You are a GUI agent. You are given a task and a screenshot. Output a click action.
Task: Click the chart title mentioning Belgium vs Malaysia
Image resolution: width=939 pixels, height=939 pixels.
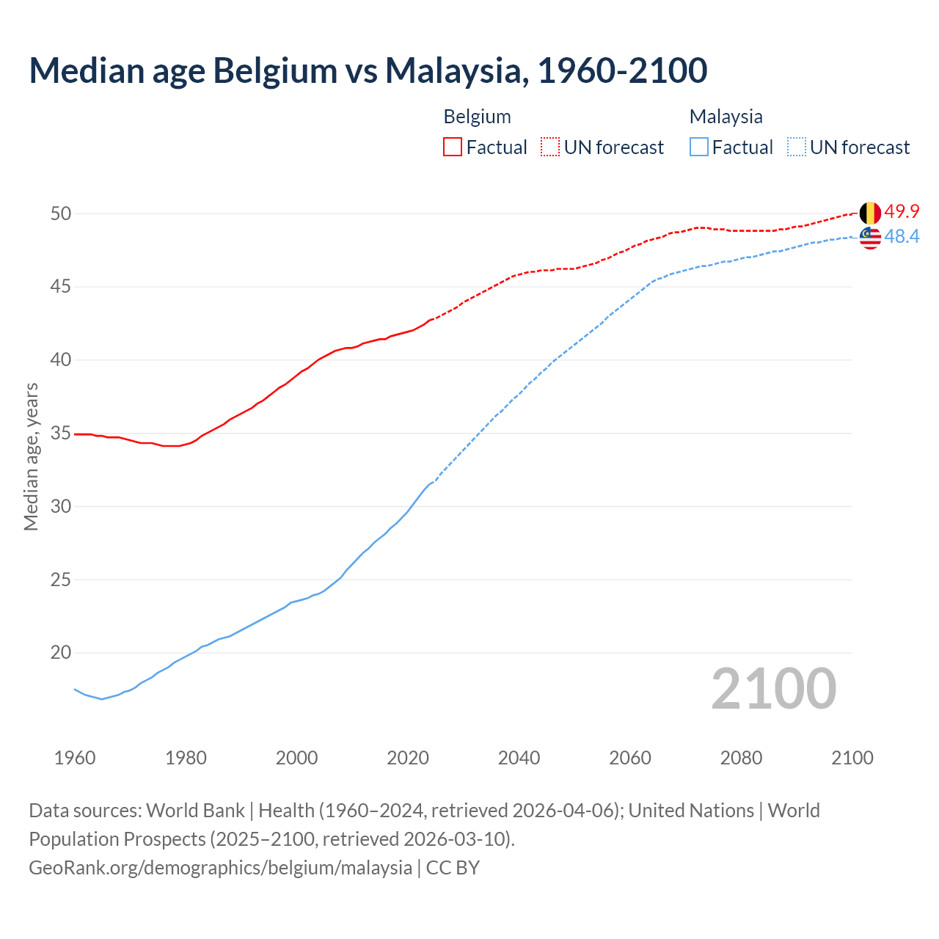[x=368, y=70]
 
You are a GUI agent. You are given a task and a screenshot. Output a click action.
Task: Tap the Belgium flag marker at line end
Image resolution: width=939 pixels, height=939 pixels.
[x=870, y=213]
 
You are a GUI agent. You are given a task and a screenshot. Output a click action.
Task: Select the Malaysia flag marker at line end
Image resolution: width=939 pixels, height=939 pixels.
[x=870, y=238]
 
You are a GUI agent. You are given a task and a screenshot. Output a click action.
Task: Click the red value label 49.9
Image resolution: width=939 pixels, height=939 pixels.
[x=902, y=212]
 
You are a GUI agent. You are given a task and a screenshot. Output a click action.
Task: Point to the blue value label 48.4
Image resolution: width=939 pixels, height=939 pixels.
[x=902, y=237]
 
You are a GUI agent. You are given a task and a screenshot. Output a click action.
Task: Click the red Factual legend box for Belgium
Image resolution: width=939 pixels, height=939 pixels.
[x=453, y=147]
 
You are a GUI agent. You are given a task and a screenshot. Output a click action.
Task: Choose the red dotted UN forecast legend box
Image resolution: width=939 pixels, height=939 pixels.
[x=550, y=147]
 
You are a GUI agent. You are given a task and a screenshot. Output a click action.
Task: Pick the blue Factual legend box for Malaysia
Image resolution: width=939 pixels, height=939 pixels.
[x=699, y=147]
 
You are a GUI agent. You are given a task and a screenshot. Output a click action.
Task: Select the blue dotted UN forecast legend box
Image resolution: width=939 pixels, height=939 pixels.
[x=797, y=147]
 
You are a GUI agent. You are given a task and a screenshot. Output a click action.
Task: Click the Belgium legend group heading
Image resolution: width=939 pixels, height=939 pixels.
[x=477, y=117]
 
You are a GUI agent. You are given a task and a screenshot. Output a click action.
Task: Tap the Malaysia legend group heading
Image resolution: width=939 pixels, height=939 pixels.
[x=726, y=117]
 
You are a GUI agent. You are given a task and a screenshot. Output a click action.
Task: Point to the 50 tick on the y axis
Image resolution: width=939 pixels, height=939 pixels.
[x=60, y=213]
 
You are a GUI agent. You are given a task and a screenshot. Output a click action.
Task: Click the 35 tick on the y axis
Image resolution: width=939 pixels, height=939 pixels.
[x=60, y=434]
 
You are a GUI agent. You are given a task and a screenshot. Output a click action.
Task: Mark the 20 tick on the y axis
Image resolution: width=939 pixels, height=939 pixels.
[x=60, y=653]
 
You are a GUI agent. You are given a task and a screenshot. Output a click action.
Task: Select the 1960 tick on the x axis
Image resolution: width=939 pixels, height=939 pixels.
[x=75, y=758]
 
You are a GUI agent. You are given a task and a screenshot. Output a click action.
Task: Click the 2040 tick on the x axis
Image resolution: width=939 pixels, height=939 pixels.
[x=519, y=758]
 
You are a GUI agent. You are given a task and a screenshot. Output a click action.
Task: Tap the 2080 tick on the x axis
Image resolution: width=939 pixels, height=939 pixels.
[x=741, y=758]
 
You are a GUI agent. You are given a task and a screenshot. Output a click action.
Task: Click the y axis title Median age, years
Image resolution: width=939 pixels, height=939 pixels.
[x=31, y=456]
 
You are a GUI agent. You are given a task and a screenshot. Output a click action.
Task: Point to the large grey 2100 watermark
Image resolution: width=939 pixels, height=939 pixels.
[x=773, y=689]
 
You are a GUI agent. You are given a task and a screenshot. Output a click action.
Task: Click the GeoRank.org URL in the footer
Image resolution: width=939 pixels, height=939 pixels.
[x=220, y=868]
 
